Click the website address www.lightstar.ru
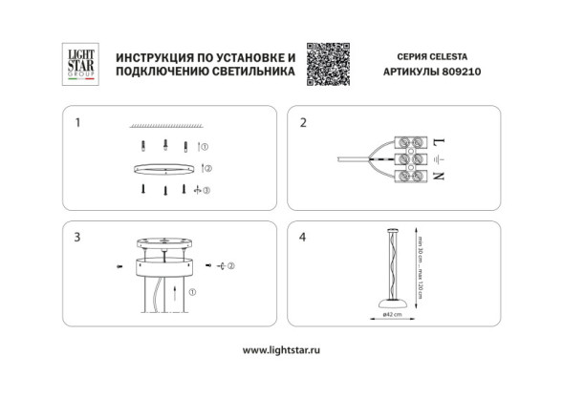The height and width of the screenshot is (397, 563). pyautogui.click(x=280, y=350)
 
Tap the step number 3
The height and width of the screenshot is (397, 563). pyautogui.click(x=77, y=237)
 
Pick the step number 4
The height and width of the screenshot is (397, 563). pyautogui.click(x=303, y=237)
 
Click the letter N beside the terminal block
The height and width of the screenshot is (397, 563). pyautogui.click(x=439, y=177)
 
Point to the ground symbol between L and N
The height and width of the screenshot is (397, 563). pyautogui.click(x=439, y=159)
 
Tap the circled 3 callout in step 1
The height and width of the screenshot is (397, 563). pyautogui.click(x=206, y=190)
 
